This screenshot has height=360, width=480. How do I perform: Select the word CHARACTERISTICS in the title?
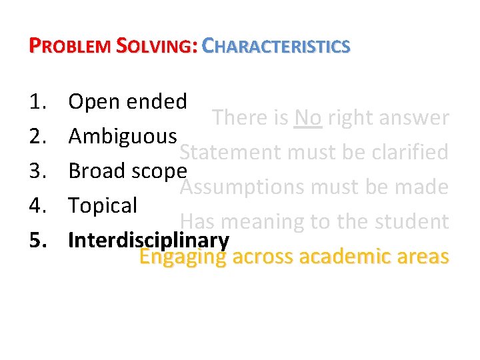coord(275,46)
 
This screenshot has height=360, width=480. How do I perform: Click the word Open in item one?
coord(93,102)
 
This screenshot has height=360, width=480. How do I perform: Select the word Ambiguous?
coord(123,136)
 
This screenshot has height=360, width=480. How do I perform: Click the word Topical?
coord(103,205)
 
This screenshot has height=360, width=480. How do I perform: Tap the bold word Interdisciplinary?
coord(149,240)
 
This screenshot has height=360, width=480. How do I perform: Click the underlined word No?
coord(307,118)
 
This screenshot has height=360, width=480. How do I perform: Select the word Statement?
coord(231,153)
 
